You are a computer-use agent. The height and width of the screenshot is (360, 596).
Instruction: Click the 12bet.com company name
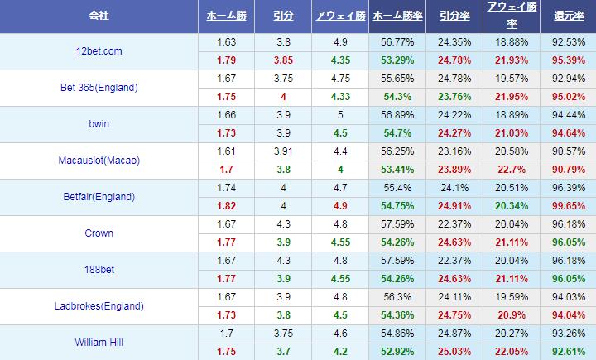pyautogui.click(x=98, y=51)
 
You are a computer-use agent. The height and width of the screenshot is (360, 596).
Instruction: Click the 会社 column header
pyautogui.click(x=98, y=17)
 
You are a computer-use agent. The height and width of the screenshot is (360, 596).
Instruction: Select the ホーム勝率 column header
pyautogui.click(x=396, y=17)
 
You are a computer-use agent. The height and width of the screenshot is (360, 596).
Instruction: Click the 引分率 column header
pyautogui.click(x=454, y=17)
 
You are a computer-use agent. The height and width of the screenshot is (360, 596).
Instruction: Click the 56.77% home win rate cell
pyautogui.click(x=396, y=42)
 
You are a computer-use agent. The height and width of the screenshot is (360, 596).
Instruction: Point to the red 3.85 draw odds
pyautogui.click(x=282, y=60)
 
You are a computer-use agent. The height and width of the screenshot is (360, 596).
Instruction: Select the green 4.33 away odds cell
pyautogui.click(x=339, y=97)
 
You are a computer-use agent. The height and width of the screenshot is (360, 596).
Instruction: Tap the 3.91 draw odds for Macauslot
pyautogui.click(x=282, y=151)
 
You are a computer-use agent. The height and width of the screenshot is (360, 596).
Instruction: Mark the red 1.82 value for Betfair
pyautogui.click(x=225, y=205)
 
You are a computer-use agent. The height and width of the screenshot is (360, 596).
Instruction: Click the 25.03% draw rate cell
pyautogui.click(x=454, y=351)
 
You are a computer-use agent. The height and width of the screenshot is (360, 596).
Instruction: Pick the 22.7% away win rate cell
pyautogui.click(x=510, y=169)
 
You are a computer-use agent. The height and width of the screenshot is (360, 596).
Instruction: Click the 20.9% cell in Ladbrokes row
pyautogui.click(x=510, y=314)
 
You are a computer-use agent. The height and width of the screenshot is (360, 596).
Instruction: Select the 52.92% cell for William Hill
pyautogui.click(x=396, y=351)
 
